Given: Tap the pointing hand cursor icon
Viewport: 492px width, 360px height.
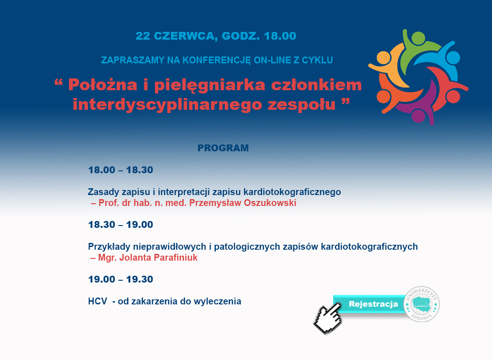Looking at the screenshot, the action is click(328, 318).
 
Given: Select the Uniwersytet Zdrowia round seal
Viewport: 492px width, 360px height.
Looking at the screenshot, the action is click(421, 304).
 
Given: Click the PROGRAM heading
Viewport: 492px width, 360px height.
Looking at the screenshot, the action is click(223, 148).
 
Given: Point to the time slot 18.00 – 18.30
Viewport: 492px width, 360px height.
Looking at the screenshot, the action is click(120, 170).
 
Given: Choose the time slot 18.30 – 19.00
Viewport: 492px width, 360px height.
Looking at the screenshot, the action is click(120, 224).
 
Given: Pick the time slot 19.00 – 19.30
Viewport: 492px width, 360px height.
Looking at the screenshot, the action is click(120, 279).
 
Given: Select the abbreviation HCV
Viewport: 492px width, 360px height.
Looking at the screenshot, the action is click(97, 301).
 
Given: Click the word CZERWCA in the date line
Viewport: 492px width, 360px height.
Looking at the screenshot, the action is click(184, 36).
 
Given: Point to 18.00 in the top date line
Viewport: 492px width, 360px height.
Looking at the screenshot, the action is click(280, 36).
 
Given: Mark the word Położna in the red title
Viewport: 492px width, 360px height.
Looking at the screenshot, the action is click(103, 85).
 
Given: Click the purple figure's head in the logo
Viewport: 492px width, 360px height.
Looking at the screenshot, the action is click(418, 115).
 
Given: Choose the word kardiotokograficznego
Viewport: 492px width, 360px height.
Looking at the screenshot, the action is click(292, 192).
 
